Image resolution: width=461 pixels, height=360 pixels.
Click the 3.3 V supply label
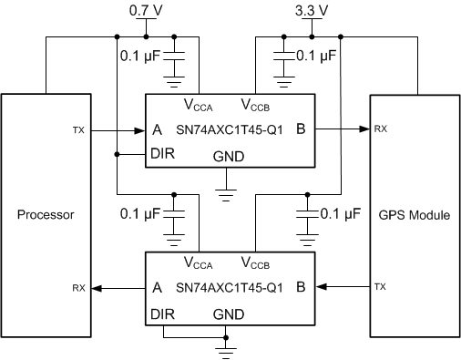click(x=312, y=11)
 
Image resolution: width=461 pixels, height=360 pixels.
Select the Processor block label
click(x=46, y=216)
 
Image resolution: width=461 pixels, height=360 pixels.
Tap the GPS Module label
click(x=415, y=216)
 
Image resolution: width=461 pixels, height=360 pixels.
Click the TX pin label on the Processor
click(x=79, y=130)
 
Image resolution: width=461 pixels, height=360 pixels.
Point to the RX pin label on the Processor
click(x=79, y=287)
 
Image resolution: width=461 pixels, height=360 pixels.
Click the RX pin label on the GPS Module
click(x=380, y=130)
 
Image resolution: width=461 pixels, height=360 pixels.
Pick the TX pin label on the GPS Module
click(x=380, y=287)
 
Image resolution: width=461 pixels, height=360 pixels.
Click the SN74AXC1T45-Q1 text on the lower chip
click(x=230, y=287)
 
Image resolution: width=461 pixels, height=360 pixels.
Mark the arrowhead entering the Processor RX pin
click(x=97, y=287)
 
